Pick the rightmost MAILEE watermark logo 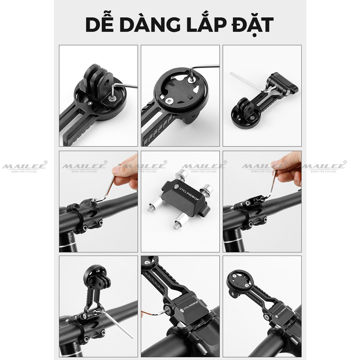(x=324, y=167)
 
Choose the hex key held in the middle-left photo (x=110, y=187)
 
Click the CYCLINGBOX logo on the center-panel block (x=188, y=188)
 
